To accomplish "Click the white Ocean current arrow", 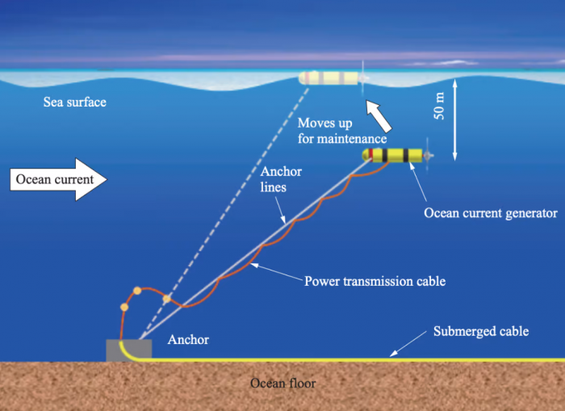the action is click(58, 179).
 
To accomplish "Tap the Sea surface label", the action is click(75, 102).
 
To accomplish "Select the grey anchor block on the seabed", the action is click(129, 350).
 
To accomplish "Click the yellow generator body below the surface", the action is click(392, 155).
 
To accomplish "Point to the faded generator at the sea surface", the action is click(329, 78).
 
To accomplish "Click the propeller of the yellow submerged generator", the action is click(428, 156).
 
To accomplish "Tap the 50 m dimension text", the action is click(439, 106).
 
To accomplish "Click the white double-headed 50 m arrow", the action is click(454, 120).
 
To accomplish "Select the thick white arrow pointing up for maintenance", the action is click(379, 116).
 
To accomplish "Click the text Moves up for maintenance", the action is click(342, 131).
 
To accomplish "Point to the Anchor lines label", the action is click(281, 179).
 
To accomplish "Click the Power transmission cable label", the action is click(375, 281).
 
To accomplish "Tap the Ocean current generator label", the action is click(491, 213).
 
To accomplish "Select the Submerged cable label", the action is click(481, 331).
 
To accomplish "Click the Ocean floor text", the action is click(282, 384).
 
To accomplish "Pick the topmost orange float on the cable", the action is click(137, 291).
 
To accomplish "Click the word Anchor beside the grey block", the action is click(188, 340).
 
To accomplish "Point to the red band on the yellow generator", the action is click(370, 155).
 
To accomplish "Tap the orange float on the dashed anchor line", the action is click(166, 299).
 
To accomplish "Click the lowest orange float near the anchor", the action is click(124, 307).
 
